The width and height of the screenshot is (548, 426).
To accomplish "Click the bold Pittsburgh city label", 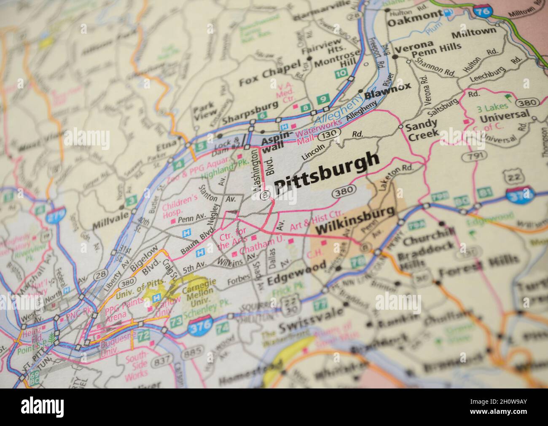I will pos(326,173).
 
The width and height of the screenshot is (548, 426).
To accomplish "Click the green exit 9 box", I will pos(323,99).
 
